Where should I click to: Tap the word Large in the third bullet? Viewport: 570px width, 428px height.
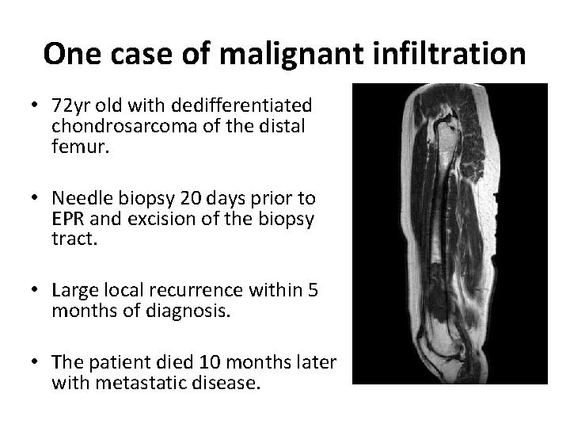74,291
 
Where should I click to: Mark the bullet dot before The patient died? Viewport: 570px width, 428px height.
36,363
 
